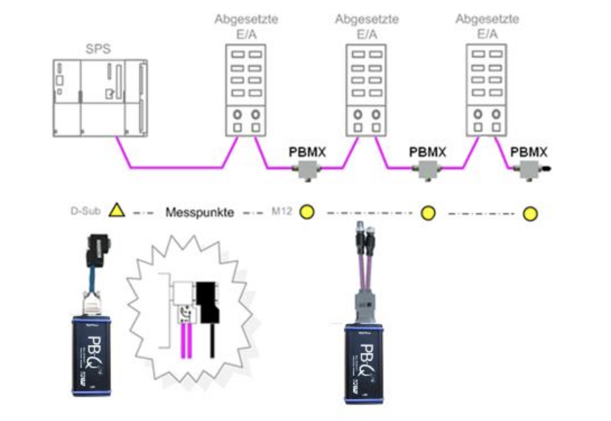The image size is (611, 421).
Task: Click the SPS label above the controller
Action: point(98,49)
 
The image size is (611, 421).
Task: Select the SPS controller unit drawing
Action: point(100,97)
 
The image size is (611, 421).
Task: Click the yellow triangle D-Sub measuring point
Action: point(117,210)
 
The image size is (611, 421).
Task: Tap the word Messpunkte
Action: point(200,212)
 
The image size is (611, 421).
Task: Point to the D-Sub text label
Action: point(85,210)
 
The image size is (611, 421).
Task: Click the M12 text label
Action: point(282,210)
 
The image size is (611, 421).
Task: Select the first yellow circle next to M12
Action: point(307,211)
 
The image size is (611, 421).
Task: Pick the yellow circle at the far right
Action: point(530,214)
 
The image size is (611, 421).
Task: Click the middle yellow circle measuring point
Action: point(428,213)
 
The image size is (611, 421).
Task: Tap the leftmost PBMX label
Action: point(307,152)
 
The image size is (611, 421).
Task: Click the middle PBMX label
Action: point(428,152)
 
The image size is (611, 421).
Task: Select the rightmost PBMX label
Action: point(529,152)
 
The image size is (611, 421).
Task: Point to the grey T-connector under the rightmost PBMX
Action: point(529,170)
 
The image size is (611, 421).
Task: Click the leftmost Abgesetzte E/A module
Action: point(246,90)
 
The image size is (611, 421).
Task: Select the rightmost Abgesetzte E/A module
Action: point(487,90)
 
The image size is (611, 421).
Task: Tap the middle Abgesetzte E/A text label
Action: point(367,26)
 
